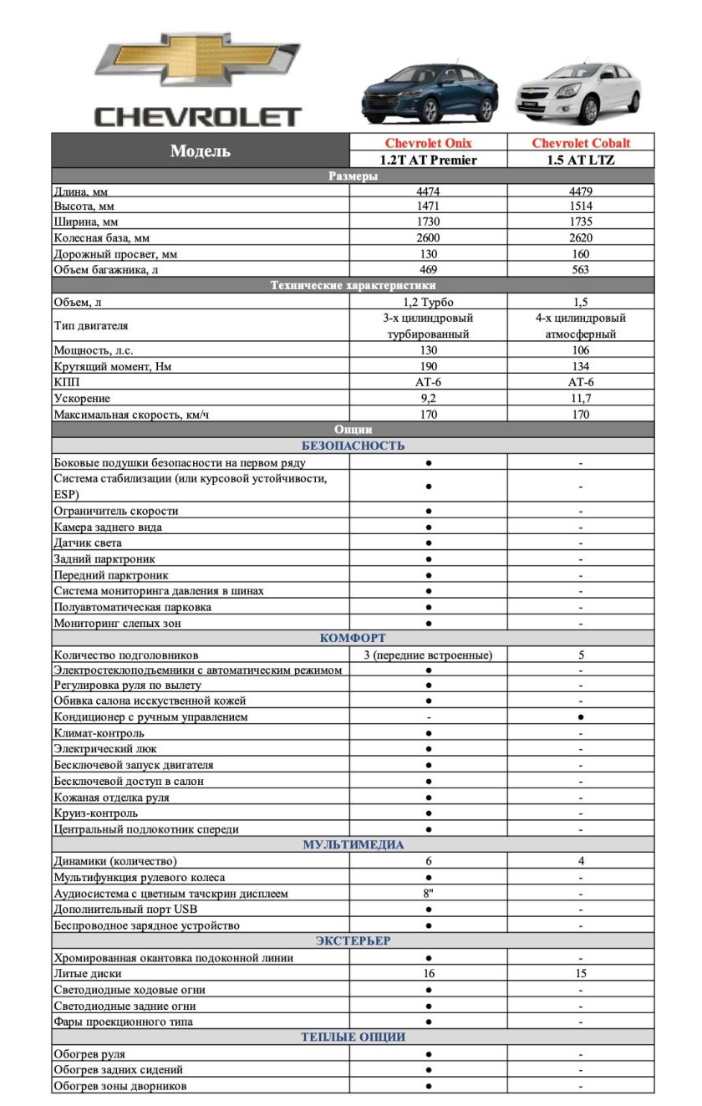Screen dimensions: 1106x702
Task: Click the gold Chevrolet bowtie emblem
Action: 196,59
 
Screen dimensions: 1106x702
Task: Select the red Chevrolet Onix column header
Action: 428,143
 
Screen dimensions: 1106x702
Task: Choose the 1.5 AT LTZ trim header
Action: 581,160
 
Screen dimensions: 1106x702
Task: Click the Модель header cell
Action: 201,151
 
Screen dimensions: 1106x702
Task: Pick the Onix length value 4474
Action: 428,191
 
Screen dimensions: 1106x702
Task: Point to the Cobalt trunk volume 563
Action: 581,269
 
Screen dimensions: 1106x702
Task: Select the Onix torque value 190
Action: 428,366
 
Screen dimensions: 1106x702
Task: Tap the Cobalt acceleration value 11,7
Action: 581,398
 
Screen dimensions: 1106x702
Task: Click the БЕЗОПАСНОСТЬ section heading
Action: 353,446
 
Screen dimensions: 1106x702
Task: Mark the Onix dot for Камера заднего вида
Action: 428,528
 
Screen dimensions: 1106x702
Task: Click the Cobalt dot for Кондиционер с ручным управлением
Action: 581,717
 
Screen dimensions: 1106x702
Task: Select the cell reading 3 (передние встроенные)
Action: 428,655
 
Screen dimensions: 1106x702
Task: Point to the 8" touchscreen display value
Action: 428,894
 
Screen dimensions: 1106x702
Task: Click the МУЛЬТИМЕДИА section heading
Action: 353,845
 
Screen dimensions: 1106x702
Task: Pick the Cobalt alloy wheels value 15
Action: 581,973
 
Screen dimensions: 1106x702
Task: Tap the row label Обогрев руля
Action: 89,1054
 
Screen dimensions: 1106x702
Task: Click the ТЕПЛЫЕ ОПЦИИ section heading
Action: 353,1037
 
